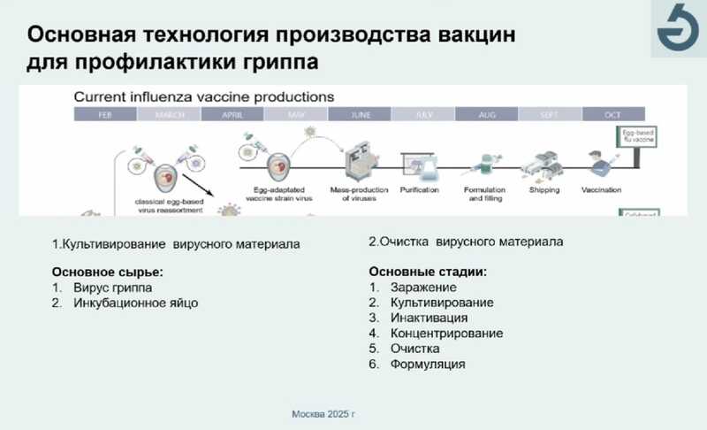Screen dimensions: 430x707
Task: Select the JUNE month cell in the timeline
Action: pos(360,115)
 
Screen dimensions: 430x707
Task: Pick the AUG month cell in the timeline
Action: pos(486,115)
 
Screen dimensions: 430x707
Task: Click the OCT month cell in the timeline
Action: pos(612,115)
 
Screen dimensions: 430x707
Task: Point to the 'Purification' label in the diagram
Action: pos(420,189)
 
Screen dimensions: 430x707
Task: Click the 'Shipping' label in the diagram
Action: pos(544,189)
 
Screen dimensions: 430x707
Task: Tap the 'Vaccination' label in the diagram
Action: pos(601,189)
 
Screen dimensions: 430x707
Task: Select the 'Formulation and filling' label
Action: pos(483,194)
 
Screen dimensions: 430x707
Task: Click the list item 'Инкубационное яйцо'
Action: pos(135,303)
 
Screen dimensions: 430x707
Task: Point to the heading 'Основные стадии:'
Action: pos(428,272)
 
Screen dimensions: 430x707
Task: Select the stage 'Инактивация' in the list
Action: pos(429,318)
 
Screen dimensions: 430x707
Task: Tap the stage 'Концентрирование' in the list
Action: pos(446,333)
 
